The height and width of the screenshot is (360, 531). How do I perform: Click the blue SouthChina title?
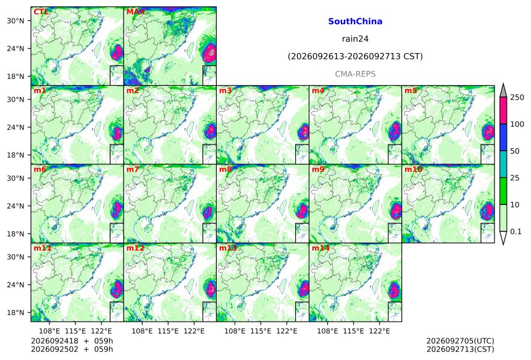(x=355, y=22)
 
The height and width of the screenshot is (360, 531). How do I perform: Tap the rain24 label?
(x=355, y=39)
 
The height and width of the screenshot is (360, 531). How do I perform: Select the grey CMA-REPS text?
(x=355, y=74)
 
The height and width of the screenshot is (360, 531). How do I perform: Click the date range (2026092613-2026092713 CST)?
(x=355, y=56)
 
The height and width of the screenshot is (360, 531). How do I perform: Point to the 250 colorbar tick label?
(x=517, y=98)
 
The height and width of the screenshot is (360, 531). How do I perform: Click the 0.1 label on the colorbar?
(x=516, y=232)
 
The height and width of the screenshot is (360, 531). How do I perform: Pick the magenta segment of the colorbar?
(x=503, y=111)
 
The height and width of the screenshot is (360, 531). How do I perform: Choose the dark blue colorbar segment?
(x=503, y=137)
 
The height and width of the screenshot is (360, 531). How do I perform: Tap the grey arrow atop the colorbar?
(x=503, y=90)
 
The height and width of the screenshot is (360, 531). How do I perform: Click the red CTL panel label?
(x=41, y=12)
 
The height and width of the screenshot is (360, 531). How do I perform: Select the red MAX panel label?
(x=135, y=12)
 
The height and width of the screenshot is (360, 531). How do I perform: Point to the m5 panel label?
(x=411, y=91)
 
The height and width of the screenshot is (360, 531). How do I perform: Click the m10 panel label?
(x=413, y=169)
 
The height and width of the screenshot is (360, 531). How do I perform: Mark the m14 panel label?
(x=320, y=248)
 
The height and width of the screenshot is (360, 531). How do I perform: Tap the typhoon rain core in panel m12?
(x=210, y=288)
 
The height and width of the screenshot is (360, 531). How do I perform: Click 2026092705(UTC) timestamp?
(x=460, y=341)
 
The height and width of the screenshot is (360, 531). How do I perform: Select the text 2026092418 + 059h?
(x=72, y=341)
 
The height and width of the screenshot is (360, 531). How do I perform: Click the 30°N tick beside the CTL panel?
(x=15, y=20)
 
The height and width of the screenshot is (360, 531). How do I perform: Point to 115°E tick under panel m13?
(x=261, y=330)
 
